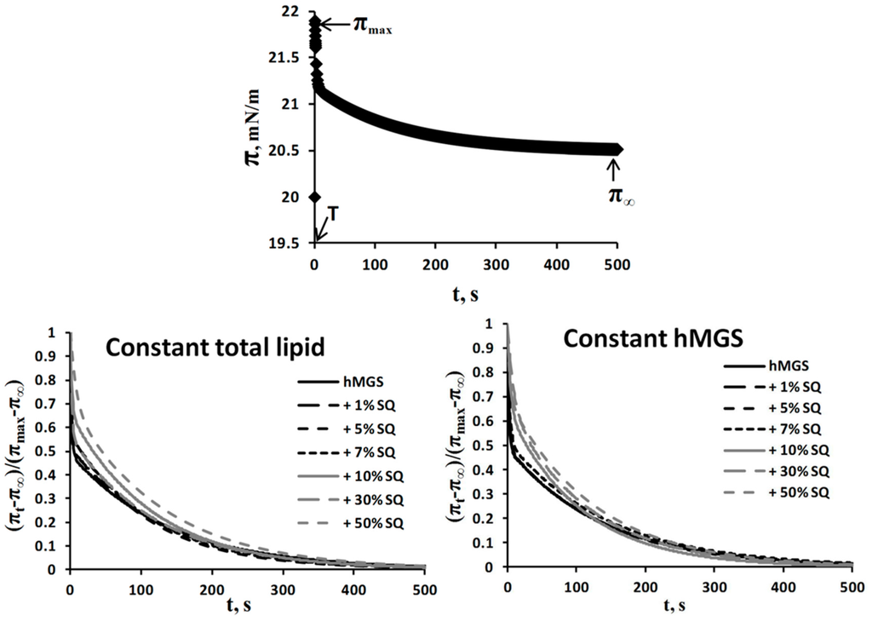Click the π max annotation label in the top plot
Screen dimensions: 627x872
pyautogui.click(x=373, y=26)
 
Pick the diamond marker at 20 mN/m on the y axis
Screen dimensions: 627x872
pyautogui.click(x=315, y=197)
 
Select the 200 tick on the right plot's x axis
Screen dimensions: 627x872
pyautogui.click(x=645, y=585)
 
